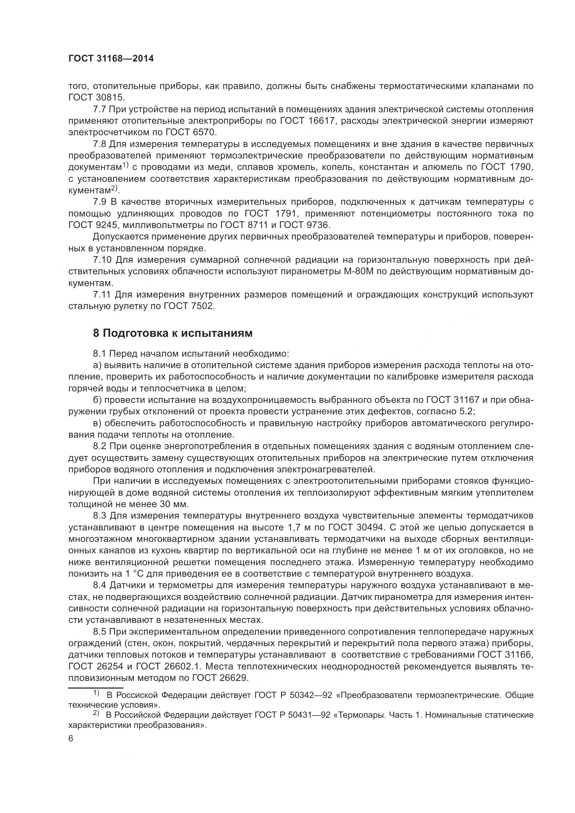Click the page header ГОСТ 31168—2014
pyautogui.click(x=111, y=59)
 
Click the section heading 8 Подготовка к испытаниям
pyautogui.click(x=173, y=333)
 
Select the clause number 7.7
pyautogui.click(x=99, y=109)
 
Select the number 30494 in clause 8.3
pyautogui.click(x=369, y=527)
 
